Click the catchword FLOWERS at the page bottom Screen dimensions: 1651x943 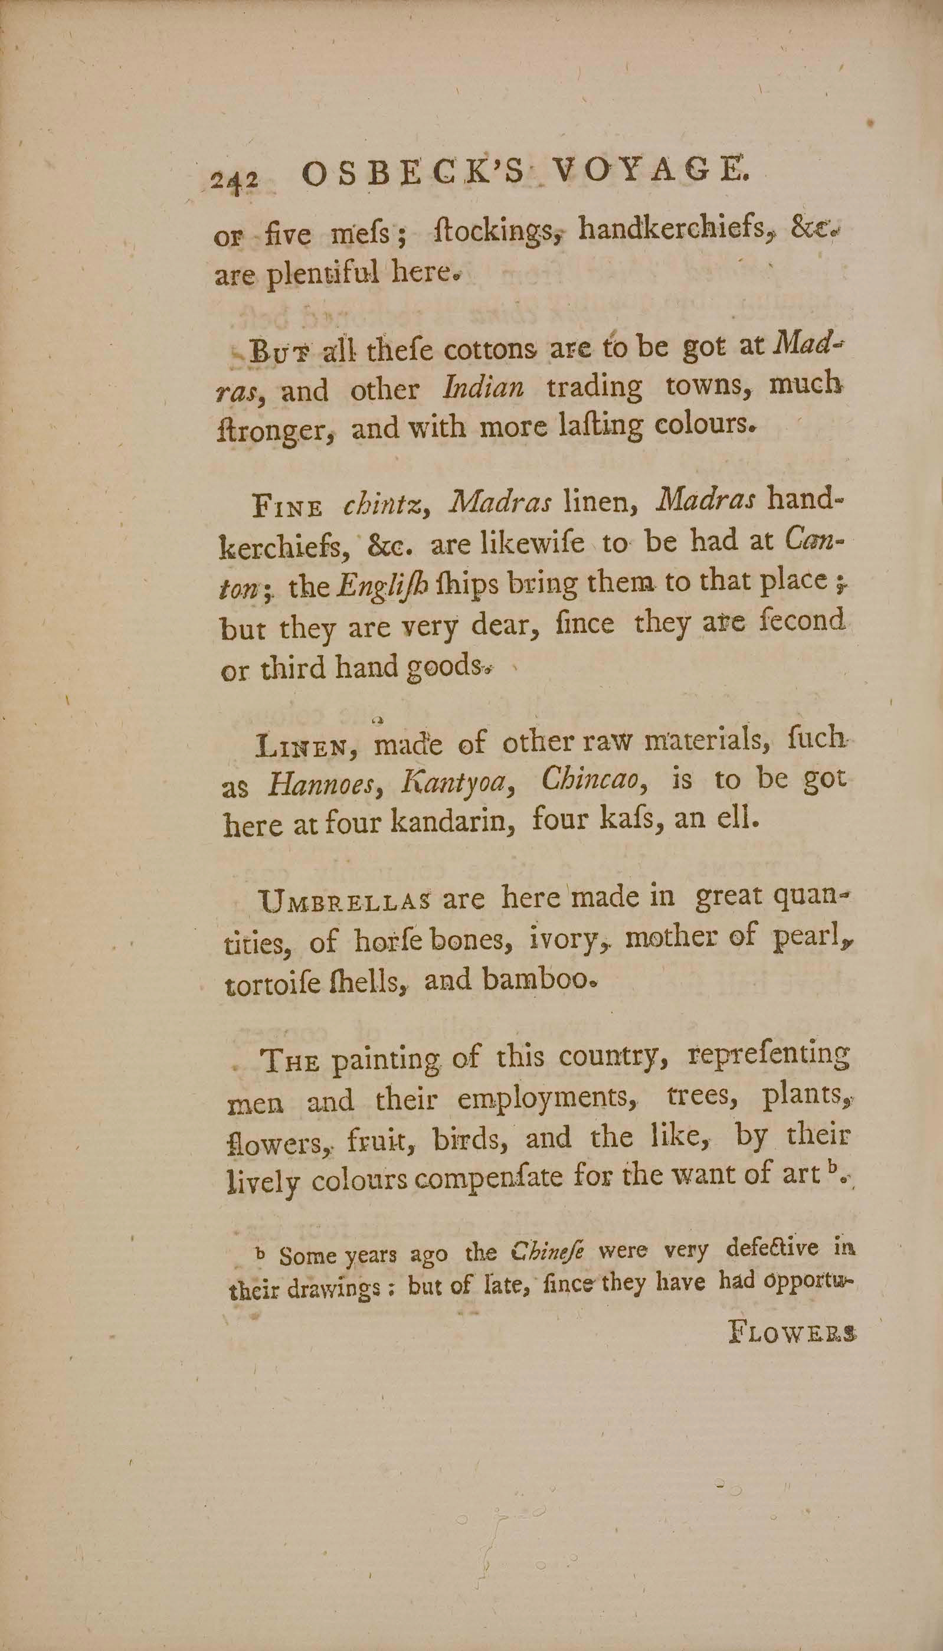(x=793, y=1332)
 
